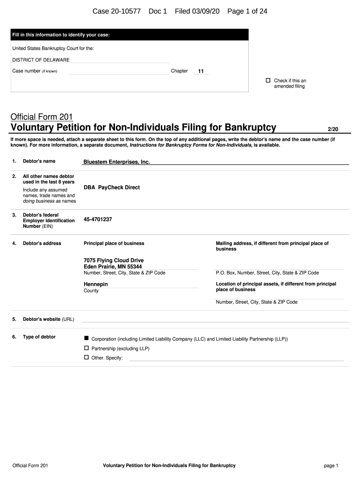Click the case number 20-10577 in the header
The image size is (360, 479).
tap(124, 11)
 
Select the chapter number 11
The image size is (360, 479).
tap(201, 72)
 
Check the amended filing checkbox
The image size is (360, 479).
tap(268, 80)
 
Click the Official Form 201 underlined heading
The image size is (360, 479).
tap(41, 117)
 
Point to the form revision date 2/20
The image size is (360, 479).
tap(332, 129)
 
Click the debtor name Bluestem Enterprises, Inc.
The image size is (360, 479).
tap(116, 162)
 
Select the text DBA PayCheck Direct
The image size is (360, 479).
tap(112, 188)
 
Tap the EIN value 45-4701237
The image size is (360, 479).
tap(98, 219)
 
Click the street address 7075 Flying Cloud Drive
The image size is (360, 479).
tap(114, 261)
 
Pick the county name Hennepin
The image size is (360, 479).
tap(96, 284)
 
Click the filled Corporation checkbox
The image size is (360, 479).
tap(86, 338)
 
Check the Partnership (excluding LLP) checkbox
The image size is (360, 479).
tap(86, 348)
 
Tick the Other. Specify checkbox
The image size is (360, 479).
tap(86, 357)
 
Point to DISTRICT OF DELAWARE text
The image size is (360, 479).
tap(41, 60)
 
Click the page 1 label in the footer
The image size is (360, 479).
tap(331, 465)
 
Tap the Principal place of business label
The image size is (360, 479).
tap(114, 243)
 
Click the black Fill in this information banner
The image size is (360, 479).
tap(130, 35)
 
